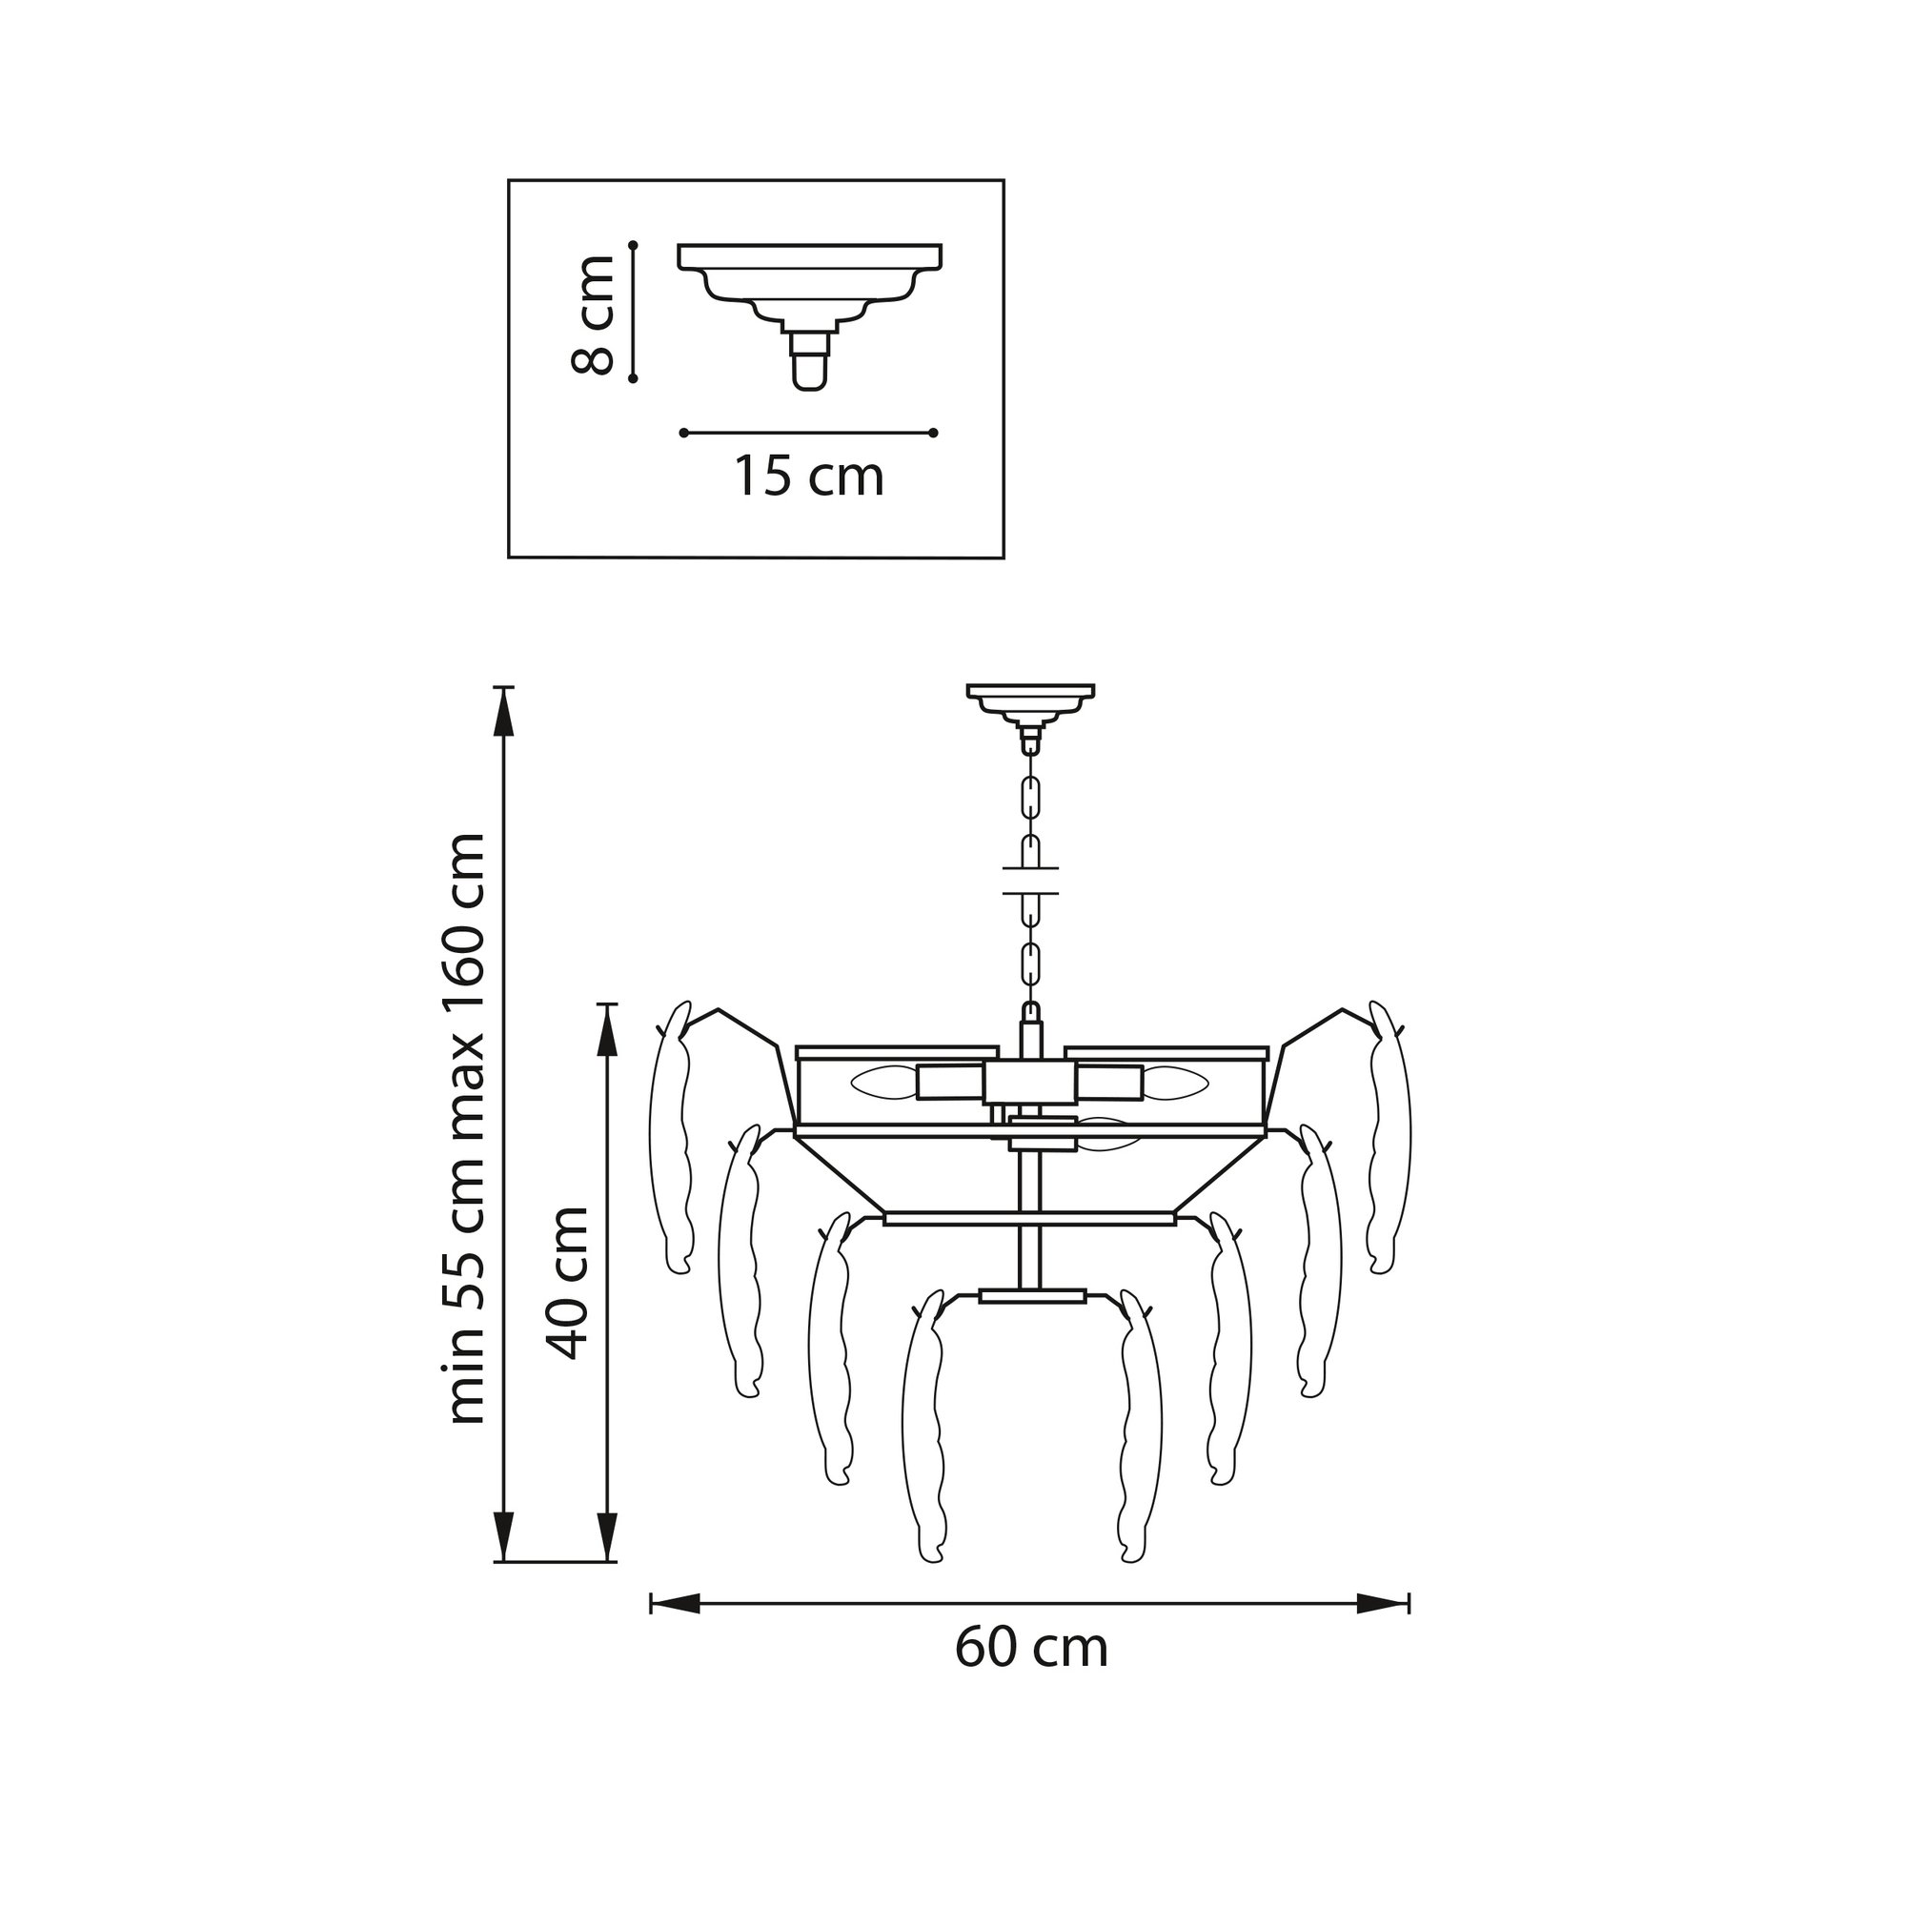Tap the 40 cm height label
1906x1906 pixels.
pyautogui.click(x=569, y=1283)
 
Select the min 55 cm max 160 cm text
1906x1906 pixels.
pyautogui.click(x=466, y=1128)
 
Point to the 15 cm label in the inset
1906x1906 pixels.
pyautogui.click(x=808, y=476)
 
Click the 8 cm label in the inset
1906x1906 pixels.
pyautogui.click(x=593, y=314)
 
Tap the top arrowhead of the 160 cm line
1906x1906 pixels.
pyautogui.click(x=504, y=711)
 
